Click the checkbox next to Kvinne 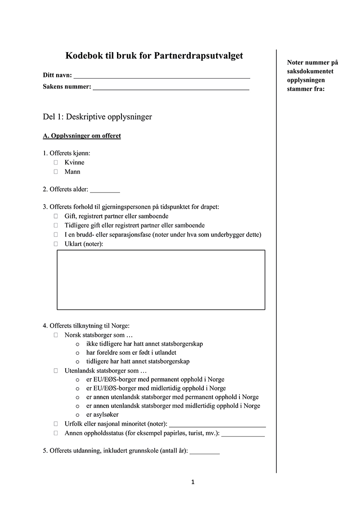(x=56, y=162)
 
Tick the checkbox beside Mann (x=56, y=171)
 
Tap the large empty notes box (x=161, y=280)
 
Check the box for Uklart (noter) (x=56, y=244)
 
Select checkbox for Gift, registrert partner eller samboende (x=56, y=216)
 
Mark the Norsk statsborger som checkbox (x=56, y=335)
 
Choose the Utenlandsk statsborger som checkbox (x=56, y=371)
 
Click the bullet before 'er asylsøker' (x=78, y=415)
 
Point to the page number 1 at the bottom (x=193, y=482)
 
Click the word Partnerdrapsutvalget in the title (x=198, y=56)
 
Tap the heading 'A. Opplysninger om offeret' (x=81, y=136)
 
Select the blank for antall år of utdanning (x=204, y=452)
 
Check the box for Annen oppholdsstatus (x=56, y=433)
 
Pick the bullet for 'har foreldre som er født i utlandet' (x=78, y=353)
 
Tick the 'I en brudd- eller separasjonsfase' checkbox (x=56, y=235)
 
